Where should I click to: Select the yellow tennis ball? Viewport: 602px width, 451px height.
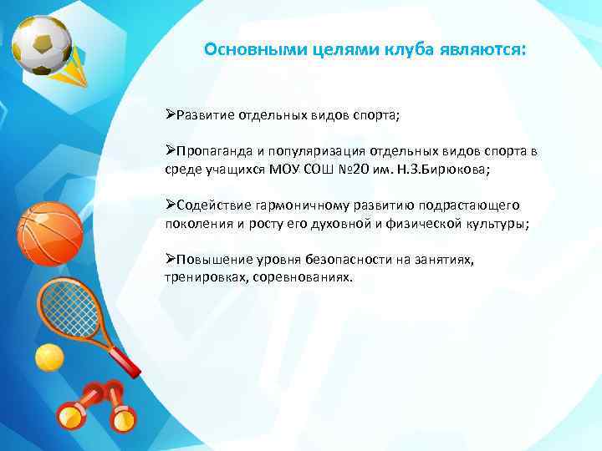click(48, 358)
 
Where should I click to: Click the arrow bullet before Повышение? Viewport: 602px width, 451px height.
click(169, 260)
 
